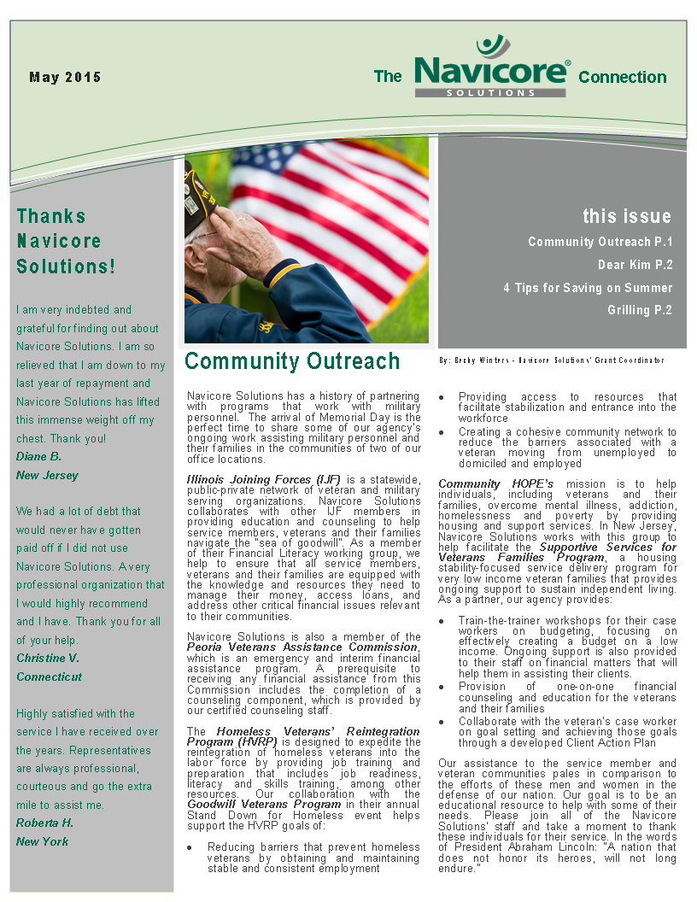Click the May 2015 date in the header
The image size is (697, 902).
point(65,77)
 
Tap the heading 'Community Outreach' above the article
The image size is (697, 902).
point(292,361)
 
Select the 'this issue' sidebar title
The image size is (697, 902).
point(627,216)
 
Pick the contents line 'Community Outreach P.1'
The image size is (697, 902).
point(600,242)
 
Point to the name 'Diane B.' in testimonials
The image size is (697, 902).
point(39,456)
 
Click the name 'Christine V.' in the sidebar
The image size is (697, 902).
point(48,658)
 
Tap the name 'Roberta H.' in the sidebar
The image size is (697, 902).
point(45,823)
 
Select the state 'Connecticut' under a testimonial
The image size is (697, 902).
point(50,676)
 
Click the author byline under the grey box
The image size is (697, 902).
point(551,360)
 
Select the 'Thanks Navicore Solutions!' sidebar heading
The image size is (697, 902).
point(66,241)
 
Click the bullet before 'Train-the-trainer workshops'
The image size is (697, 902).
point(441,621)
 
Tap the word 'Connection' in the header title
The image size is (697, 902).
point(622,77)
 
